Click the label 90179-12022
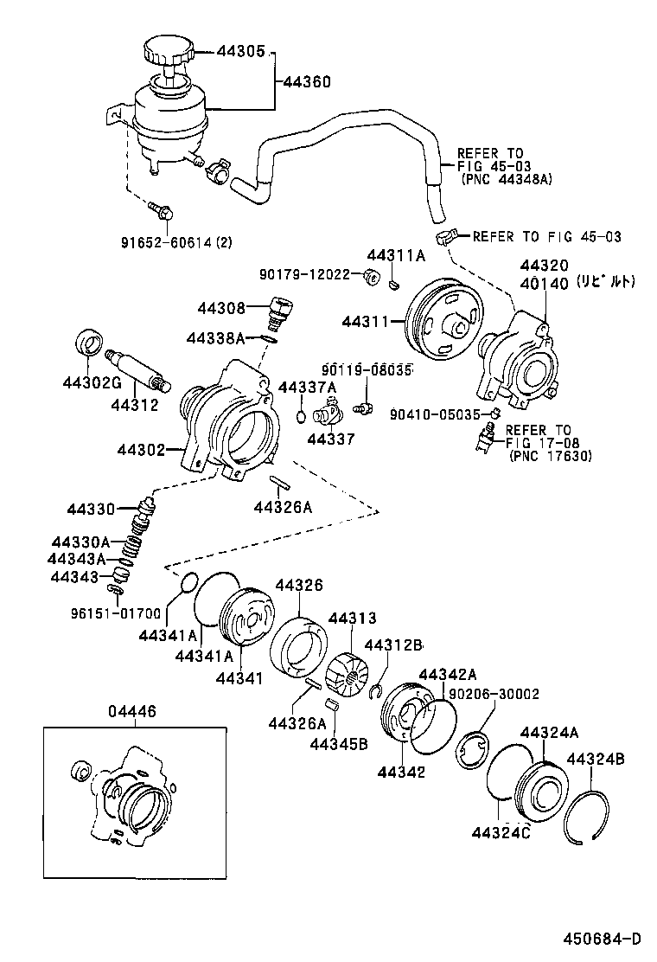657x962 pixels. pyautogui.click(x=304, y=274)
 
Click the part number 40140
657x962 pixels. pyautogui.click(x=544, y=283)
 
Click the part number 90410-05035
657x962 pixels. pyautogui.click(x=434, y=414)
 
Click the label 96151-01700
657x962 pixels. pyautogui.click(x=115, y=614)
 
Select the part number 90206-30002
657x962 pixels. pyautogui.click(x=494, y=694)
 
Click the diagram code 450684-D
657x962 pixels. pyautogui.click(x=603, y=939)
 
